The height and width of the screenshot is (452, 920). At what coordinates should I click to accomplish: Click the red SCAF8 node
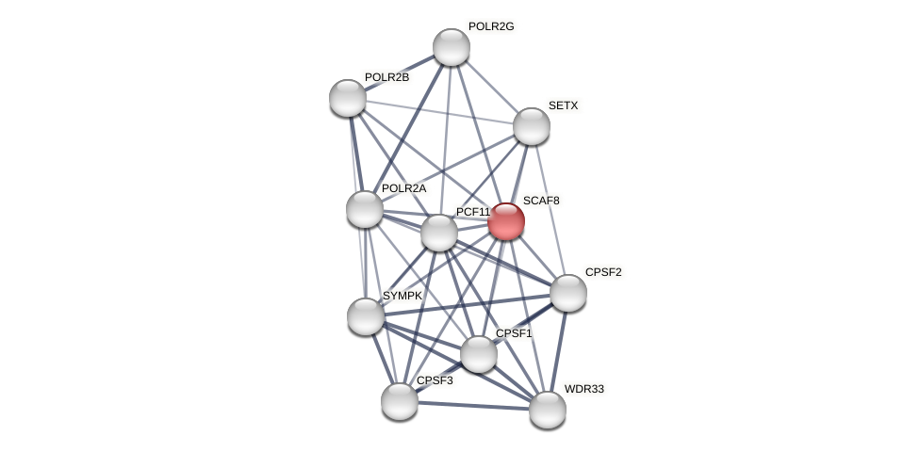click(x=506, y=221)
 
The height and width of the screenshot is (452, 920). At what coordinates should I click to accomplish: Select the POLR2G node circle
click(x=452, y=47)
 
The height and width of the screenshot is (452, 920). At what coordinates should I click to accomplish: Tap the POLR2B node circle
click(x=348, y=98)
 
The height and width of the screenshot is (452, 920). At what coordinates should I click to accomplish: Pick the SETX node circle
click(x=532, y=126)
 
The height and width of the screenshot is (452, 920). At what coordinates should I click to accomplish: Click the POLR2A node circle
click(x=365, y=209)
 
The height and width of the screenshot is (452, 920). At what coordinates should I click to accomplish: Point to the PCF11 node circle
click(x=439, y=233)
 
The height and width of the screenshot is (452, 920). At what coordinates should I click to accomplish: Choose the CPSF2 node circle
click(x=568, y=293)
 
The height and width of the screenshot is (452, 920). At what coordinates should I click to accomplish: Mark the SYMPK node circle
click(x=366, y=316)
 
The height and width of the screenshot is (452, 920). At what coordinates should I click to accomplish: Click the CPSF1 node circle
click(x=479, y=354)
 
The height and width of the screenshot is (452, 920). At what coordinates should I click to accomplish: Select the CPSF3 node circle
click(x=400, y=401)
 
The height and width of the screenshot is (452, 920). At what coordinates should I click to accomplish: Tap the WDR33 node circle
click(x=548, y=410)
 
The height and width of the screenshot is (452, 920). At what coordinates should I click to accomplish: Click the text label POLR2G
click(x=491, y=26)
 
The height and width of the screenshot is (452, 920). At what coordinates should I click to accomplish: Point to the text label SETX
click(x=563, y=105)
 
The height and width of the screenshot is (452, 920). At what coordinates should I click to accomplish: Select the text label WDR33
click(x=583, y=389)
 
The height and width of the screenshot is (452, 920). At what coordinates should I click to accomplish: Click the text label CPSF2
click(x=603, y=272)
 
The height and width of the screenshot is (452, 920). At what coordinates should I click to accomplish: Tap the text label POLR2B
click(x=386, y=77)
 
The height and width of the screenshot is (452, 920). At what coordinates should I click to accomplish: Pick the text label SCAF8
click(x=541, y=201)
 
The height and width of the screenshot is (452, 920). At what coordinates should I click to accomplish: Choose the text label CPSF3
click(x=435, y=380)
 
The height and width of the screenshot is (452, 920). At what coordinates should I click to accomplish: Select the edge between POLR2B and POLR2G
click(x=400, y=73)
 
